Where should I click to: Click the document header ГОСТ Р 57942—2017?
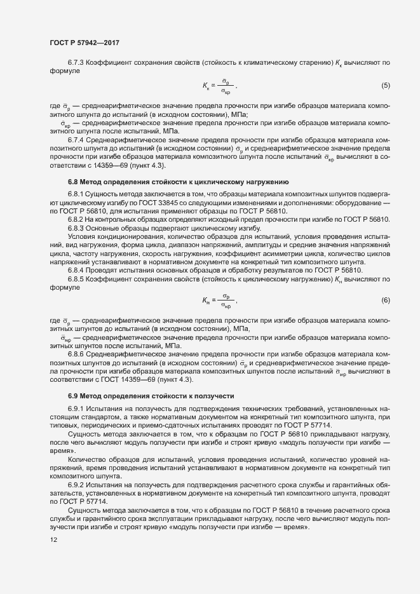(x=85, y=43)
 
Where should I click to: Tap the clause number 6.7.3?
(x=76, y=64)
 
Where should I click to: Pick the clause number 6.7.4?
(x=76, y=139)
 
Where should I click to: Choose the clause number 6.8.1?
(x=76, y=194)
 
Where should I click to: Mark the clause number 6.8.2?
(x=76, y=219)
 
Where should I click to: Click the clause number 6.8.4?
(x=76, y=269)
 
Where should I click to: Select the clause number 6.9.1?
(x=76, y=408)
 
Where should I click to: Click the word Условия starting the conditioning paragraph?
(x=82, y=236)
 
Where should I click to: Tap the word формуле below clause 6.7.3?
(x=64, y=72)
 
